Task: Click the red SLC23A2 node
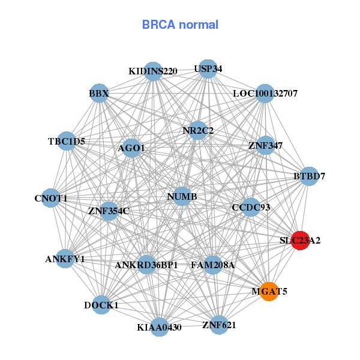click(299, 240)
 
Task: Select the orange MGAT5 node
click(269, 292)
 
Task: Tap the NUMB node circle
click(182, 196)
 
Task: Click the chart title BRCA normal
click(180, 25)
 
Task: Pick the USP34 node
click(207, 69)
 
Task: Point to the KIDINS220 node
click(153, 71)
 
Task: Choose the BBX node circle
click(99, 94)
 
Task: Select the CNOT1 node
click(51, 198)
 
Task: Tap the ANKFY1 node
click(65, 259)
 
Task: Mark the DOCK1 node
click(101, 305)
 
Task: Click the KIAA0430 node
click(159, 327)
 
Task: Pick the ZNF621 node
click(219, 325)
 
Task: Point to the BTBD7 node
click(309, 176)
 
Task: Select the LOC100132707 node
click(265, 94)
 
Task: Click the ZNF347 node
click(265, 145)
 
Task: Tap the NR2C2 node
click(198, 130)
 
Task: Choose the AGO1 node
click(131, 148)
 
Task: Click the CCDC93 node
click(251, 208)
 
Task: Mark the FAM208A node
click(213, 265)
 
